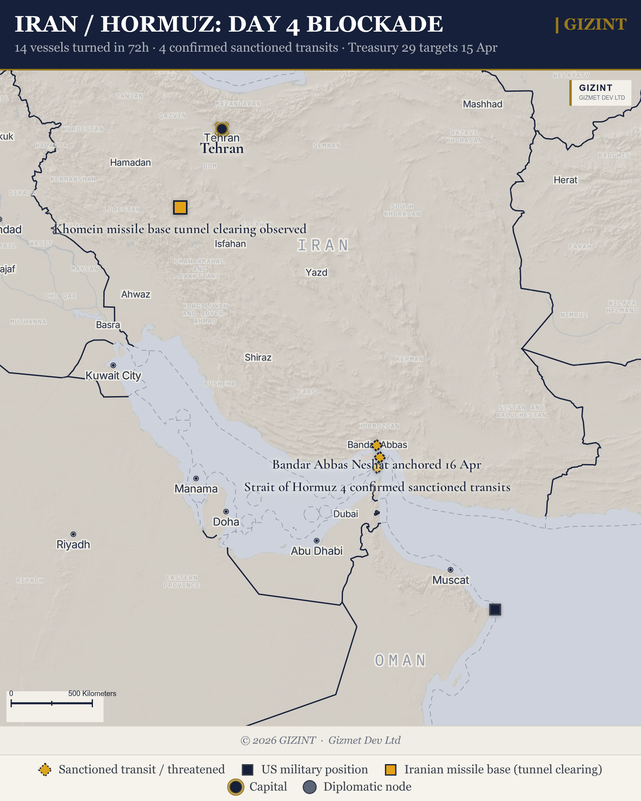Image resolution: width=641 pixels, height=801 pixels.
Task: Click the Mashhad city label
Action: [x=482, y=104]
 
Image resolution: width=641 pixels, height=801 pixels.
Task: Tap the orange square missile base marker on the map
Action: [x=180, y=207]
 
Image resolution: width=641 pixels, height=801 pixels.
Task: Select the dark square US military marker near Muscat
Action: [x=495, y=610]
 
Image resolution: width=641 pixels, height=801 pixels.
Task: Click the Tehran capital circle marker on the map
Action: [x=222, y=129]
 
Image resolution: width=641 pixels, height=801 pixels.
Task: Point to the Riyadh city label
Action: [x=73, y=545]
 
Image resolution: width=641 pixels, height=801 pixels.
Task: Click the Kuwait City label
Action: [x=113, y=376]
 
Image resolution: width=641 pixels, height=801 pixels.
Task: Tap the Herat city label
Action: [x=565, y=180]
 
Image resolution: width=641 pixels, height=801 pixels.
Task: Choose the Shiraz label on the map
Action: [x=258, y=357]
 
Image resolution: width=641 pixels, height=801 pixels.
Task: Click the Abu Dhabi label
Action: [x=316, y=551]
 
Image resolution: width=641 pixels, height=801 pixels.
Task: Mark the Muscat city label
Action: [x=450, y=580]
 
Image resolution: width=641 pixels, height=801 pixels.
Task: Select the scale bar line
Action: [x=52, y=703]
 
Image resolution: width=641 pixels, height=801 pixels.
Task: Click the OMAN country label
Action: [x=400, y=661]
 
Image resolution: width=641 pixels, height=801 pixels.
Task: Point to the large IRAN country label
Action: [x=323, y=245]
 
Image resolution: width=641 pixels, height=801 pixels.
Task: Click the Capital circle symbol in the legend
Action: [x=236, y=787]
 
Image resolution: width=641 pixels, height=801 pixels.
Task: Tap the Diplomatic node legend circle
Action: [x=310, y=787]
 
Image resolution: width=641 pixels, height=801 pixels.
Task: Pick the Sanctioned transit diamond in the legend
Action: [x=45, y=769]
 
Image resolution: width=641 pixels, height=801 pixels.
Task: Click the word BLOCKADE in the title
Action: [x=375, y=24]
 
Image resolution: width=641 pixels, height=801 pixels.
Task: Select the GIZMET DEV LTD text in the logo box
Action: [x=602, y=98]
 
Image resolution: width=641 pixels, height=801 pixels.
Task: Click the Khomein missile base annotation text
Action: [x=180, y=229]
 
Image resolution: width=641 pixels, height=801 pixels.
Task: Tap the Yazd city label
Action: [x=316, y=273]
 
